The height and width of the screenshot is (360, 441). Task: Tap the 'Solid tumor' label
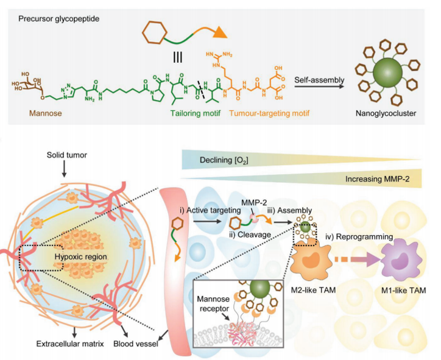click(64, 150)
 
